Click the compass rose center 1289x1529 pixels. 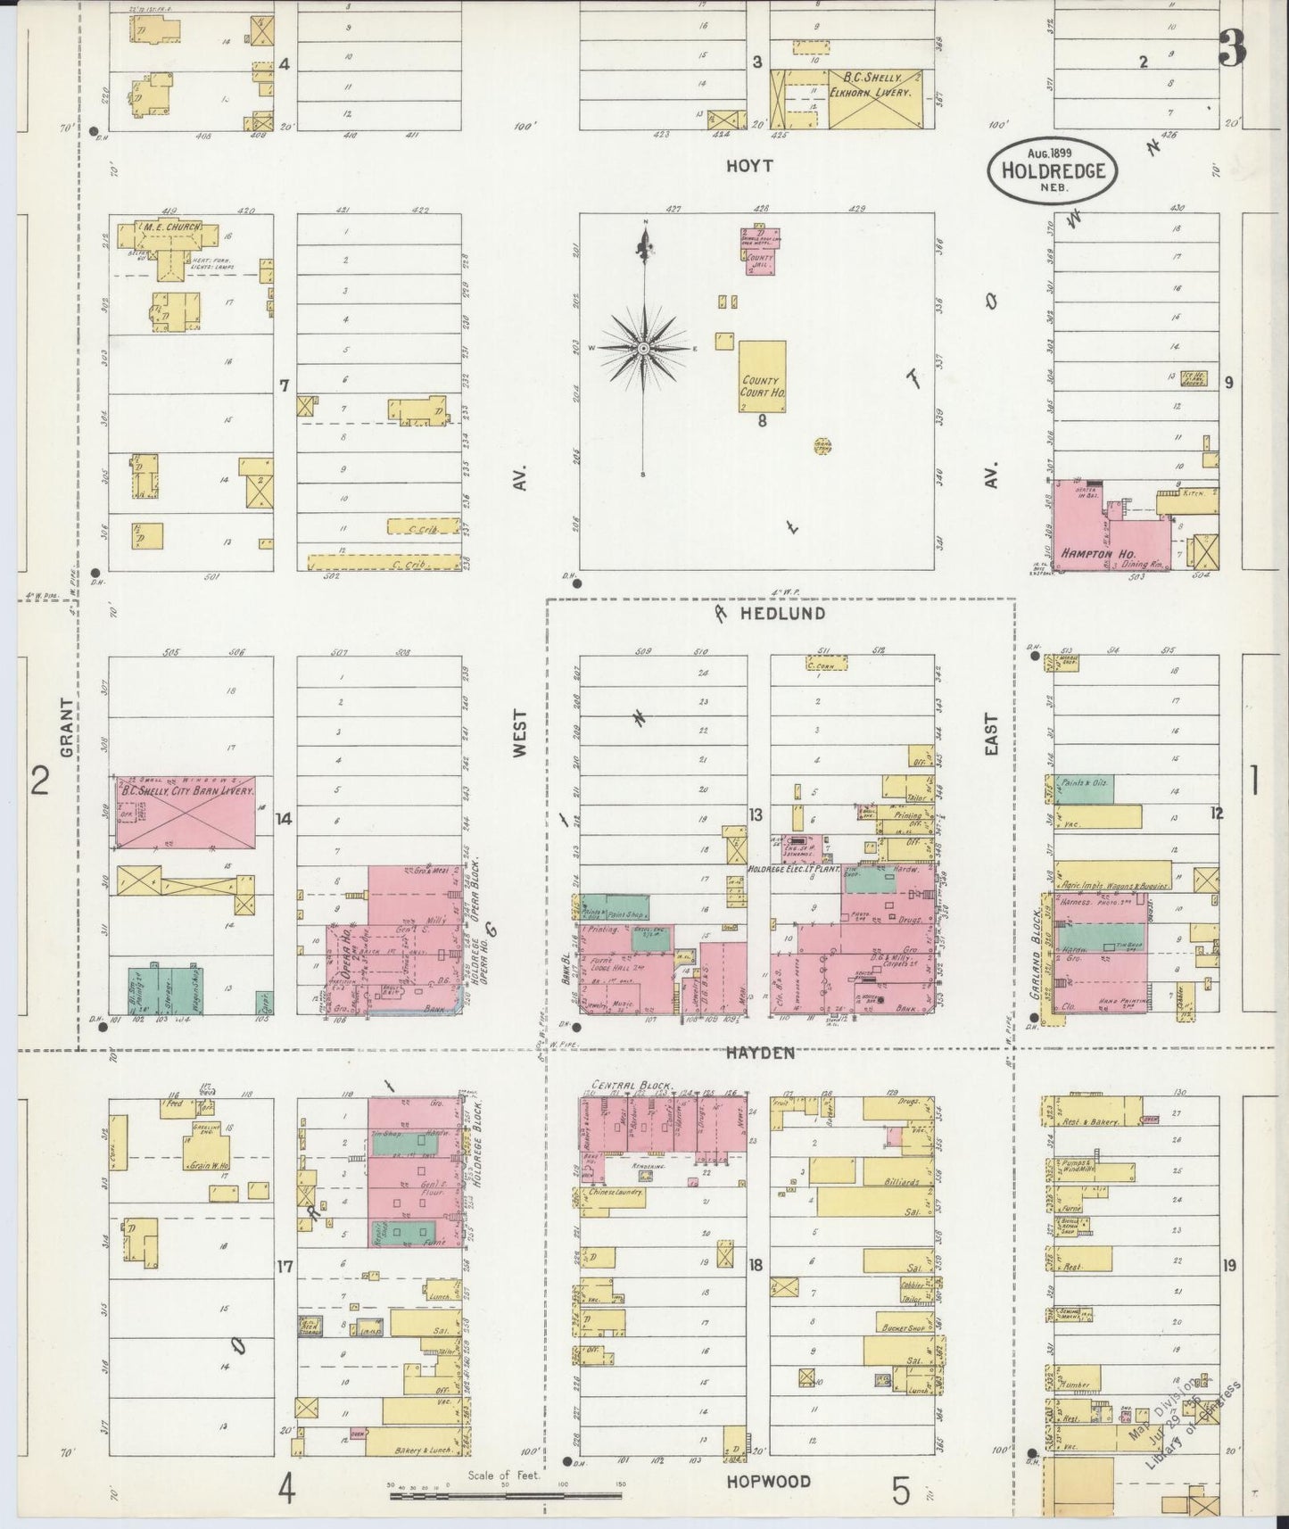pyautogui.click(x=643, y=348)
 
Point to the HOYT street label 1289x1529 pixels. pyautogui.click(x=749, y=166)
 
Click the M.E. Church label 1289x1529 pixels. pyautogui.click(x=168, y=227)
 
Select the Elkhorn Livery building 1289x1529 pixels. pyautogui.click(x=874, y=98)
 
